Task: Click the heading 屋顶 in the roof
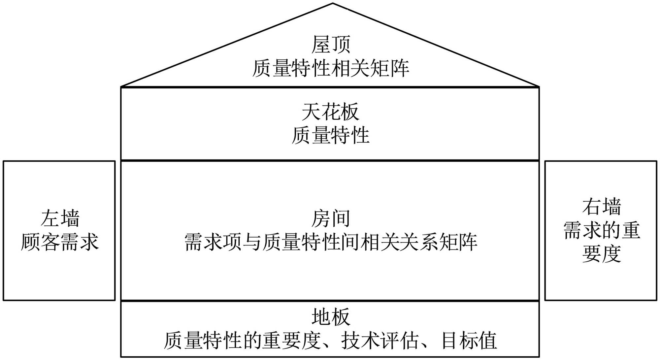point(331,45)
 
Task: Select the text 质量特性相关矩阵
point(331,68)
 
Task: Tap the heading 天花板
point(330,112)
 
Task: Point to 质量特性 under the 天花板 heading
point(330,135)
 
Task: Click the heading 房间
point(330,219)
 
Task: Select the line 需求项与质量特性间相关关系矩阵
point(330,242)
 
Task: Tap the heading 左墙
point(60,219)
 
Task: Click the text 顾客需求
point(60,242)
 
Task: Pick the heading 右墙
point(602,207)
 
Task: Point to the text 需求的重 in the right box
point(602,230)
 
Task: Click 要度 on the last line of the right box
point(602,254)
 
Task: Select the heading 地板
point(330,317)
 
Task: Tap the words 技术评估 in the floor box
point(379,341)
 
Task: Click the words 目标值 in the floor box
point(469,341)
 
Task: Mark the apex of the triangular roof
point(333,4)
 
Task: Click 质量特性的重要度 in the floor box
point(243,341)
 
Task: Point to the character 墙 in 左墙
point(70,219)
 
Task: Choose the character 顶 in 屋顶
point(341,45)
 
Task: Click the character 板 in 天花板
point(350,112)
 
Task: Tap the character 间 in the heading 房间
point(340,219)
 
